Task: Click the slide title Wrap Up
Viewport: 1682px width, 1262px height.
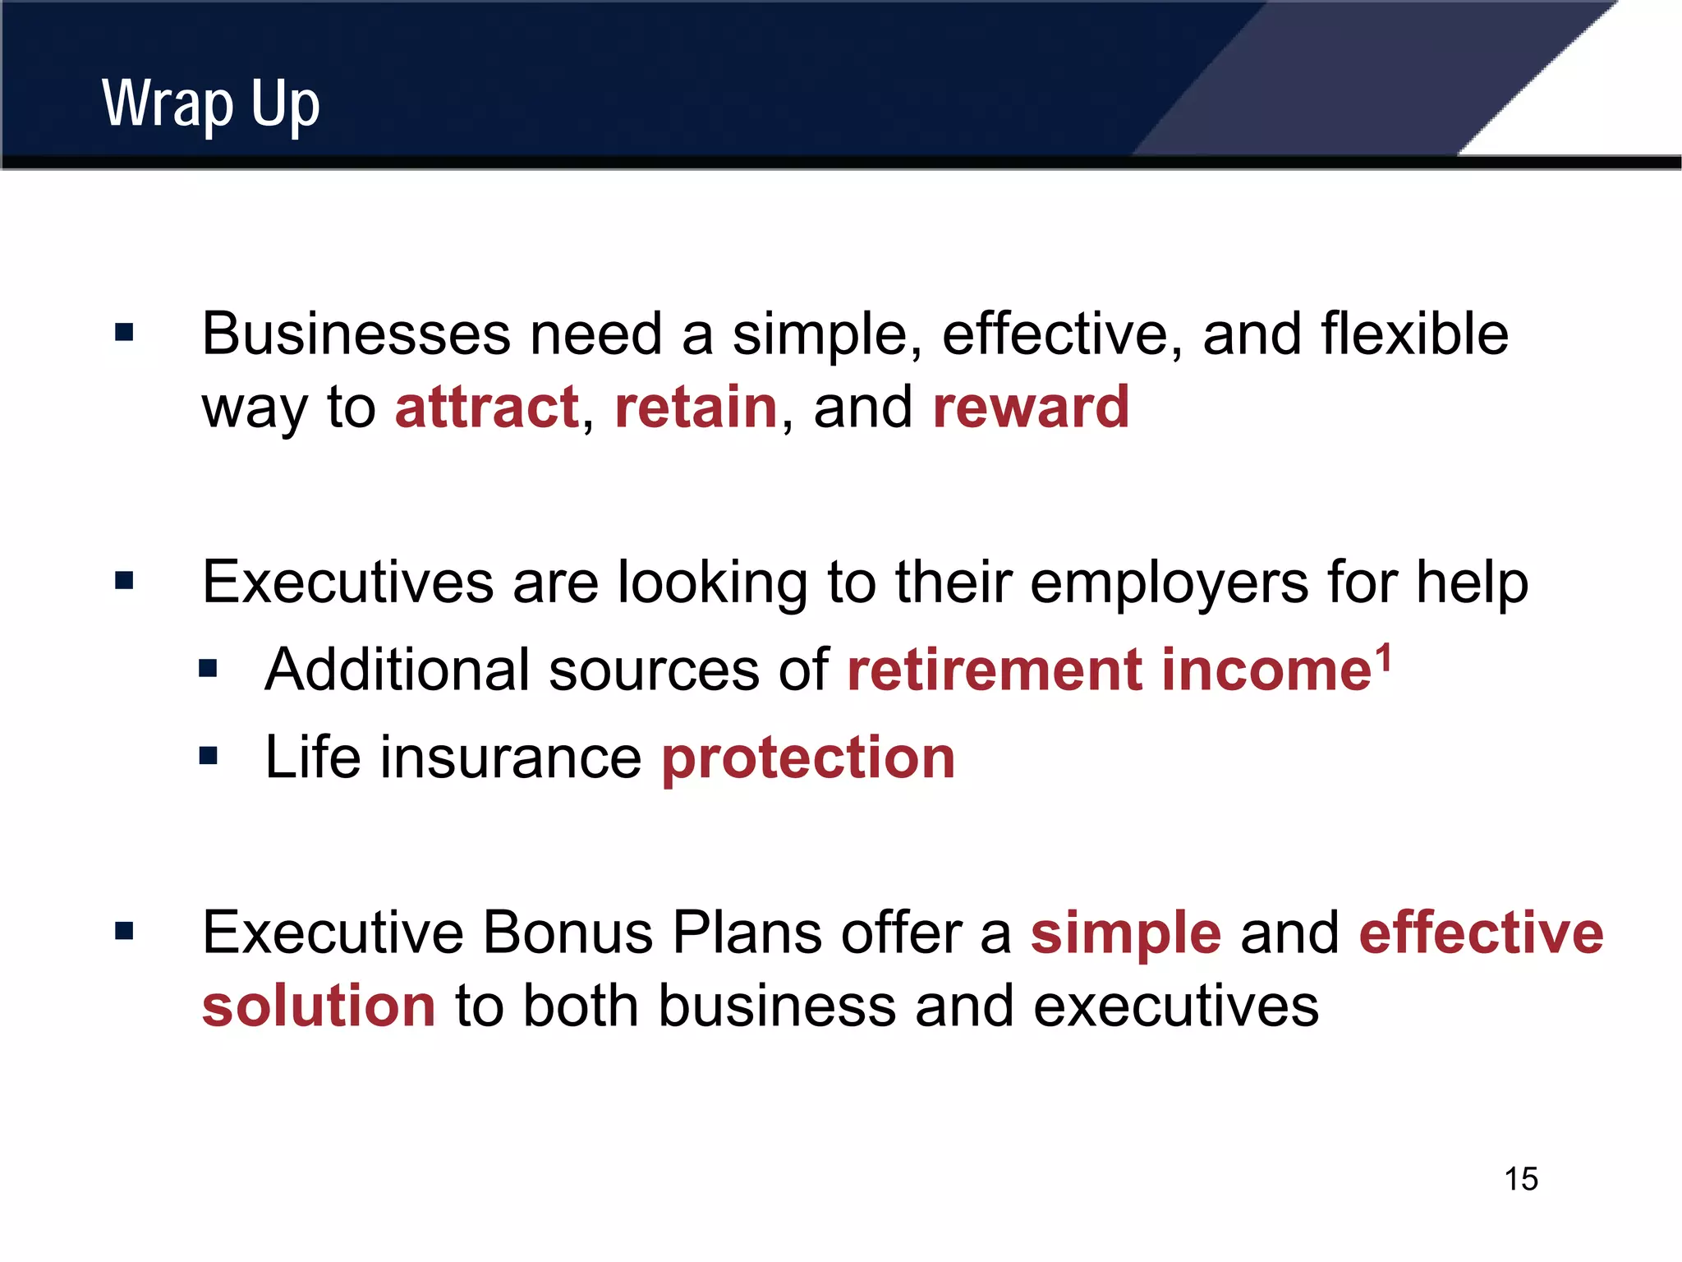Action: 210,105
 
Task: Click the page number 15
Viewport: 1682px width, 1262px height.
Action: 1520,1179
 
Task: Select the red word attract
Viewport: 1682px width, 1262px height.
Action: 487,408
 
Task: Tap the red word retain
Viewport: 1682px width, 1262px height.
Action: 696,408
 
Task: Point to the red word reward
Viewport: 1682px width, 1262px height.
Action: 1031,408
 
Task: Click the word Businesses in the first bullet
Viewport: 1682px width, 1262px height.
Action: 356,334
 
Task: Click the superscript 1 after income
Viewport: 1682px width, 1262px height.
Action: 1384,657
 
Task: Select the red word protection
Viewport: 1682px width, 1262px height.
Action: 808,758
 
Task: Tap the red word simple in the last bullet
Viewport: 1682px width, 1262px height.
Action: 1125,934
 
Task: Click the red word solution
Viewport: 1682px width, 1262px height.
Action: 319,1006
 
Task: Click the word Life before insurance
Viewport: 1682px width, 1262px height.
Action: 312,758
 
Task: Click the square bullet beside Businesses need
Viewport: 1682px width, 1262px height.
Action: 124,333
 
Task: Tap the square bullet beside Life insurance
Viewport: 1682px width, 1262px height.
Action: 208,755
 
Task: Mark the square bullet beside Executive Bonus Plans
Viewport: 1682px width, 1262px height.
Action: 124,931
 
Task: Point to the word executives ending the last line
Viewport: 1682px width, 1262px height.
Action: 1175,1006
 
